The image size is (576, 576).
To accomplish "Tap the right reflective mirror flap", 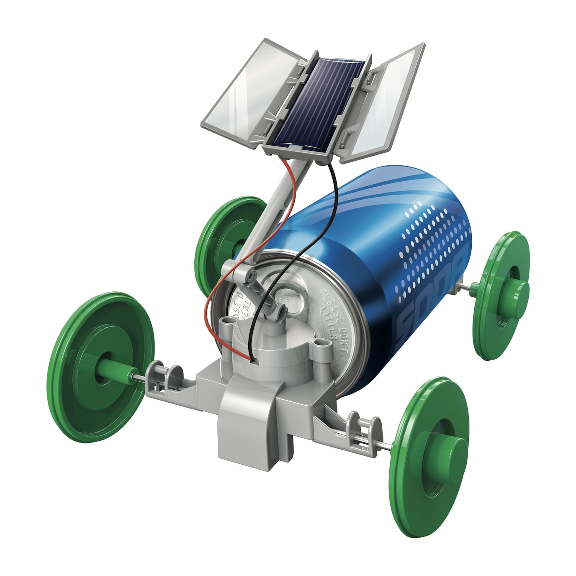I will tap(387, 105).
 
